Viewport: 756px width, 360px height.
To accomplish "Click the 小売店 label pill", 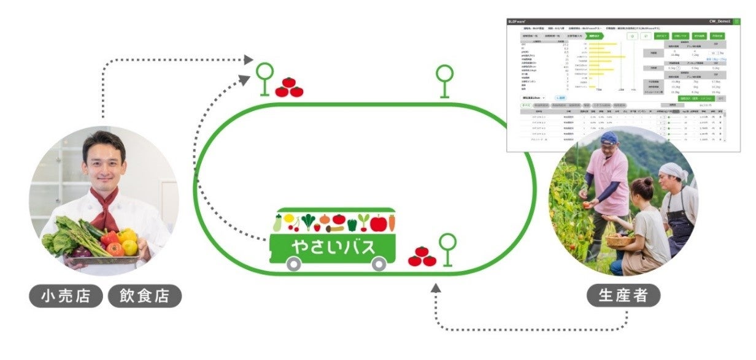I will coord(66,297).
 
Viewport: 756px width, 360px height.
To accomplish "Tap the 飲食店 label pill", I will coord(145,297).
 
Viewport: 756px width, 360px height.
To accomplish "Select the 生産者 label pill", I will coord(623,297).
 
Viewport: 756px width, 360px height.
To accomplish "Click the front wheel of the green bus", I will coord(379,264).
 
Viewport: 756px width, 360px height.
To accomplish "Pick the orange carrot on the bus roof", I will coord(391,222).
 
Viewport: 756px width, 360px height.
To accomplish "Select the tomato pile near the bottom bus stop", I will coord(422,256).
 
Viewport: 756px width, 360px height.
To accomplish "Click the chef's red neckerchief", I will coord(106,209).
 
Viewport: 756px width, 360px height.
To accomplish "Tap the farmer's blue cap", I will coord(609,138).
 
